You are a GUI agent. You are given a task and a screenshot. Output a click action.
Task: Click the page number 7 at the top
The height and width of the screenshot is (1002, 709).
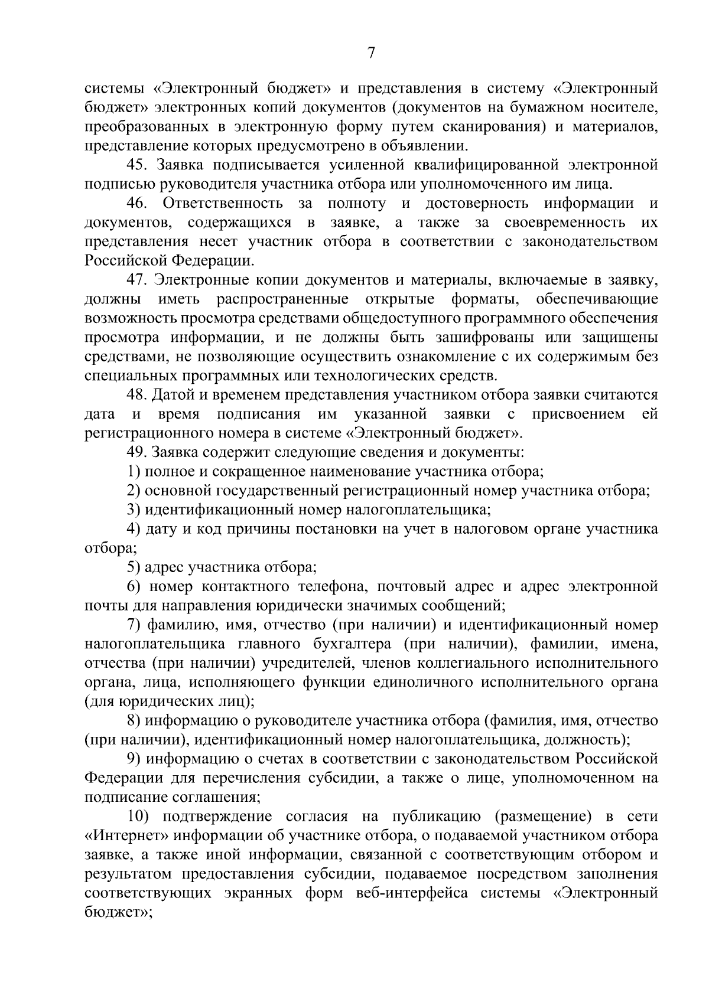coord(371,54)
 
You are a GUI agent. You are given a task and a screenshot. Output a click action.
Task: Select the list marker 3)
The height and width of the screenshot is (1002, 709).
coord(134,510)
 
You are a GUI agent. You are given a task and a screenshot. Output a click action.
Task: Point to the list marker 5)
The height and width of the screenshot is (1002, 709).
coord(134,567)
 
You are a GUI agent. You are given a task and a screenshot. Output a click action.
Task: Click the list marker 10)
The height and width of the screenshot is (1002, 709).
coord(139,817)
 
